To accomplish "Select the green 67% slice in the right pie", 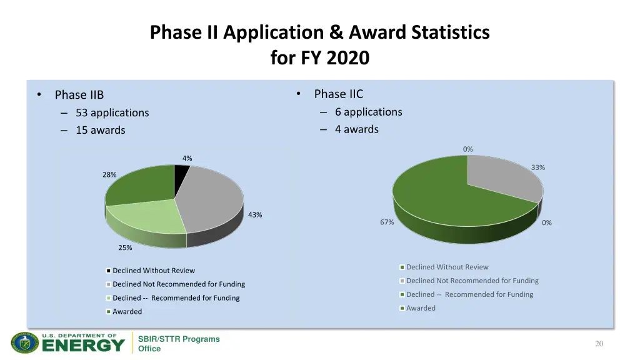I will click(x=444, y=194).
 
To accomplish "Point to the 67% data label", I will click(x=387, y=222).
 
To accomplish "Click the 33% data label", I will click(x=538, y=167).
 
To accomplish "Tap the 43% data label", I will click(x=255, y=215).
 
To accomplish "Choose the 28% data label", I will click(x=109, y=175).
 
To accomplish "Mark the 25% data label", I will click(x=125, y=247).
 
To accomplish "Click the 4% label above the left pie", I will click(x=187, y=158).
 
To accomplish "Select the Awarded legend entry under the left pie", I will click(x=127, y=311).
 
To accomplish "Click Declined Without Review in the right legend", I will click(x=447, y=267).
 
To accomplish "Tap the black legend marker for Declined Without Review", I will click(x=109, y=271).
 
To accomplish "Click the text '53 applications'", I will click(x=112, y=112).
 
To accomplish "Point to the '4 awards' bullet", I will click(x=356, y=129).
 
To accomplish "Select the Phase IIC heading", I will click(x=338, y=94).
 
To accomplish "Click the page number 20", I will click(x=599, y=343).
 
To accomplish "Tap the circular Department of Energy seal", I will click(x=24, y=343).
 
